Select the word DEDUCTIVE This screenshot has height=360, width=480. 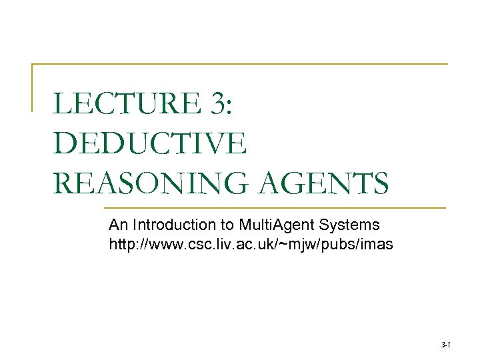click(x=150, y=143)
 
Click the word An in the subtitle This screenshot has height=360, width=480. click(x=117, y=225)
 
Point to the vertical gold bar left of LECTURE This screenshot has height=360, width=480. click(x=33, y=87)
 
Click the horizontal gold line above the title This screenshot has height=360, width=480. click(x=240, y=64)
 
